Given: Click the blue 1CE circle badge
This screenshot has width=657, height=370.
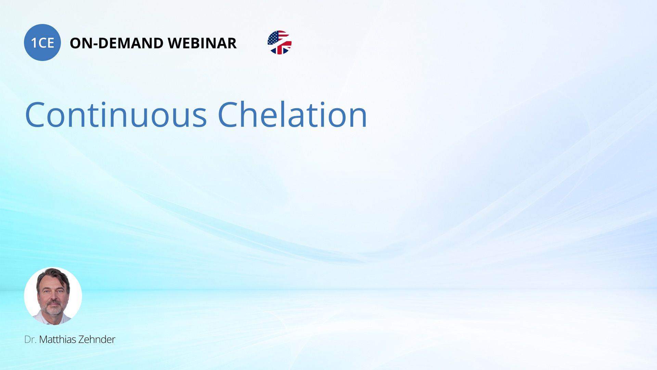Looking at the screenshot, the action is (42, 42).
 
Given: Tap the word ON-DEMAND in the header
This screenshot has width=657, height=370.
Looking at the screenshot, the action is (116, 43).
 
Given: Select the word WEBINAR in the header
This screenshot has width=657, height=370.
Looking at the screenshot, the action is (202, 43).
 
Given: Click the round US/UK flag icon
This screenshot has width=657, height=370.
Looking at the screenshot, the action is (280, 42).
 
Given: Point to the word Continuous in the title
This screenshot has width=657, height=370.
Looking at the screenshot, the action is (116, 115).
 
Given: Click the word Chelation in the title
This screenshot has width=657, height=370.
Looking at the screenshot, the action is (293, 114).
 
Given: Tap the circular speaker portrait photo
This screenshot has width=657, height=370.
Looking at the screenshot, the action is (53, 296).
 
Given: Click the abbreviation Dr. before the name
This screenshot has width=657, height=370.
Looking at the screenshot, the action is (30, 340).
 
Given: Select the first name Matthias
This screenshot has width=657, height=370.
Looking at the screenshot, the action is (58, 339).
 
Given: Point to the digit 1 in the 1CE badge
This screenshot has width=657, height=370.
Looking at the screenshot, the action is (34, 43).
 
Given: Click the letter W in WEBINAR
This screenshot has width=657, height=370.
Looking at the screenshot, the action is (175, 43).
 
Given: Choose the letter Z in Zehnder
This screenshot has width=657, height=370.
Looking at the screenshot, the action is (81, 339).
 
